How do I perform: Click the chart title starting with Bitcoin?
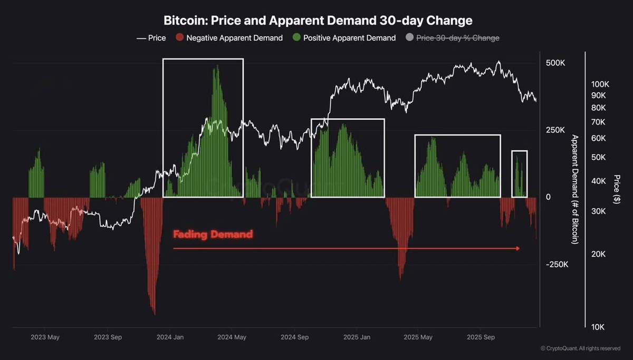(318, 21)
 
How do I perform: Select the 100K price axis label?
(600, 84)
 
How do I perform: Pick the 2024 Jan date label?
(170, 337)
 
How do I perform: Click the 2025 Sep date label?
(481, 337)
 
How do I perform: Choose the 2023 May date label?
(45, 337)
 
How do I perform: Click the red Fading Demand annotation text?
(213, 234)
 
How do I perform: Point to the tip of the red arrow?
(519, 248)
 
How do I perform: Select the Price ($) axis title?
(617, 189)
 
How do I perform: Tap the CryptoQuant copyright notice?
(580, 348)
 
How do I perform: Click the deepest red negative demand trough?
(154, 313)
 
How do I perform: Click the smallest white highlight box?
(520, 174)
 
